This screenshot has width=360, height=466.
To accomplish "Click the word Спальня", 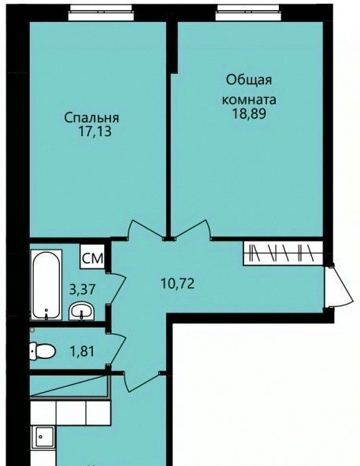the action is click(91, 118).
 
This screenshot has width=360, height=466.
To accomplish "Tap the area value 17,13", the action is click(95, 131).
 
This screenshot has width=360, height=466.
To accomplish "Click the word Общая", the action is click(249, 80).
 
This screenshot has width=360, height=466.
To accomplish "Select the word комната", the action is click(249, 100).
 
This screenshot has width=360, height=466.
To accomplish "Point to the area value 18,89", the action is click(249, 113).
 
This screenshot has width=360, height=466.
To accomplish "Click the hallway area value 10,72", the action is click(177, 283).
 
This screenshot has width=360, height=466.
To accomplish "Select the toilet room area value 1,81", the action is click(82, 352).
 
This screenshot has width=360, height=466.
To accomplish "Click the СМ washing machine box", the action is click(92, 257).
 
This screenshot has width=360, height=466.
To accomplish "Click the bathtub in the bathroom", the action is click(46, 285).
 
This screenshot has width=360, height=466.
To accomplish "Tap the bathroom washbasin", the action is click(82, 311).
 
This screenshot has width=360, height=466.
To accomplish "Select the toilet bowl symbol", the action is click(43, 351).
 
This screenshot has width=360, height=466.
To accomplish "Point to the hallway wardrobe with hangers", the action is click(283, 253).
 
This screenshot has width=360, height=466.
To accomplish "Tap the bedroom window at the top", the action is click(102, 13).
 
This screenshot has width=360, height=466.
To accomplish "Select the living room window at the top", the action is click(248, 13).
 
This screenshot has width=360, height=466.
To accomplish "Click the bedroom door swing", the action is click(146, 229).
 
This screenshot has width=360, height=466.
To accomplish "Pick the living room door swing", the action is click(192, 229).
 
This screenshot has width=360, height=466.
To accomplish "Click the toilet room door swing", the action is click(117, 348).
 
